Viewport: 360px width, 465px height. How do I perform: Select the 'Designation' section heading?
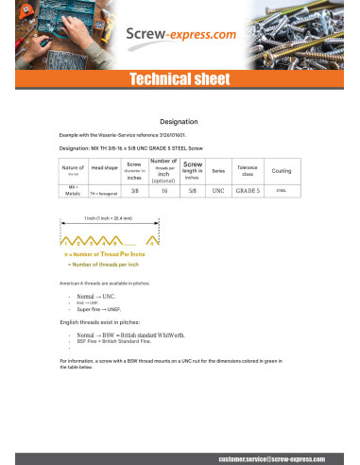[179, 122]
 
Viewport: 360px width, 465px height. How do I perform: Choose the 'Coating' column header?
[281, 170]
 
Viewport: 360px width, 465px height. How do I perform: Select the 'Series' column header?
[218, 170]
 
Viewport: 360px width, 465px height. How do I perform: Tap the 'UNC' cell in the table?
[218, 191]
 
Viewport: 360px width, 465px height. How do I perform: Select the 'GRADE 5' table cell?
[248, 191]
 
